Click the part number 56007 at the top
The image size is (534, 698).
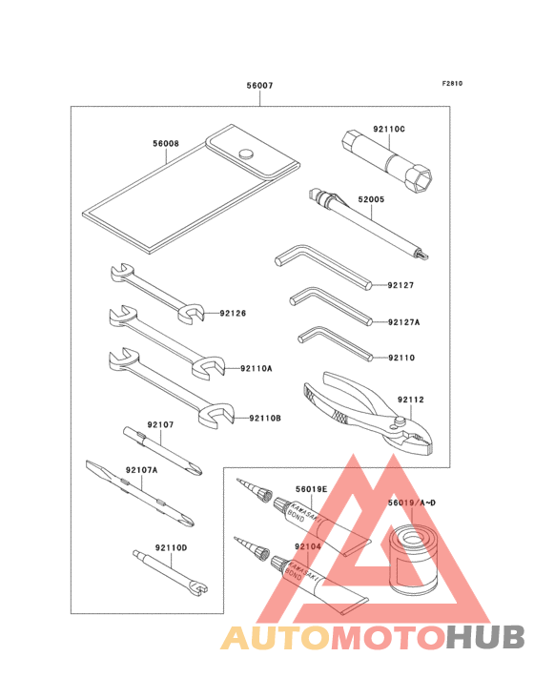(259, 86)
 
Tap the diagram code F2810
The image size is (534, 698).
(452, 83)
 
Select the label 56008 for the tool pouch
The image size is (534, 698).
(165, 144)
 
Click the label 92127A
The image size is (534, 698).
(403, 322)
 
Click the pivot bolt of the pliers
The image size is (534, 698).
(403, 416)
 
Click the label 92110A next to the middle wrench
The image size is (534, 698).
(256, 368)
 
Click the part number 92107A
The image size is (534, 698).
(141, 470)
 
